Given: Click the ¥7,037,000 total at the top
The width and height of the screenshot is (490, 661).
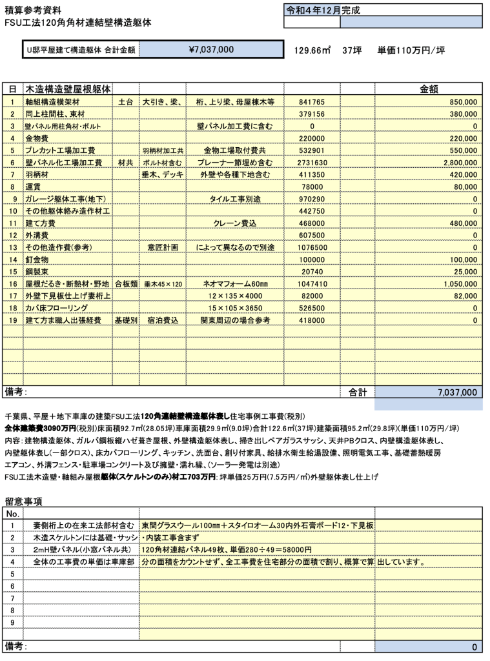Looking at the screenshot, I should tap(211, 49).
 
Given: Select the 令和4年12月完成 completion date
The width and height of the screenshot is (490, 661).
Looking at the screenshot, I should tap(323, 10).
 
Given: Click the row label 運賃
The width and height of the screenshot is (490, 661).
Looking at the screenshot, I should tap(34, 187).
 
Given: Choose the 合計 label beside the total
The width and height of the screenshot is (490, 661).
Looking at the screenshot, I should tap(358, 392).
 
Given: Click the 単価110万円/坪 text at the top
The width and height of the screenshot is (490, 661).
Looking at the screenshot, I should tap(411, 50).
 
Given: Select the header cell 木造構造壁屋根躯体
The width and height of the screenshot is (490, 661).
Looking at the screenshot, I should tap(67, 88).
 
